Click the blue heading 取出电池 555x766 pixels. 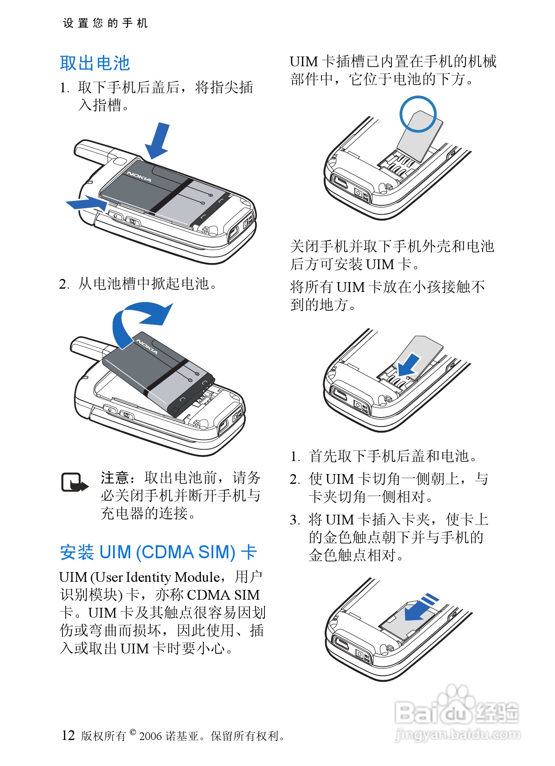click(x=94, y=63)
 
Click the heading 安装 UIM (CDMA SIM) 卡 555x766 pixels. click(x=158, y=552)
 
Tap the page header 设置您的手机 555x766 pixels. click(x=105, y=23)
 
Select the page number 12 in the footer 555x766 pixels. click(x=68, y=735)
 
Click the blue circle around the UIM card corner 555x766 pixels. click(x=418, y=114)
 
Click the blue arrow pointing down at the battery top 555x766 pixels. click(x=159, y=140)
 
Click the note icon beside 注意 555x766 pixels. click(x=74, y=483)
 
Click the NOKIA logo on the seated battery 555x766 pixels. click(x=139, y=176)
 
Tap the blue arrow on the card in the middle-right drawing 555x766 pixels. click(x=409, y=364)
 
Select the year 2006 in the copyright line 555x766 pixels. click(x=151, y=736)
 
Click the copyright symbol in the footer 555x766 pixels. click(x=133, y=732)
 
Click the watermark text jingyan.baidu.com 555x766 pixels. click(x=457, y=734)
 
